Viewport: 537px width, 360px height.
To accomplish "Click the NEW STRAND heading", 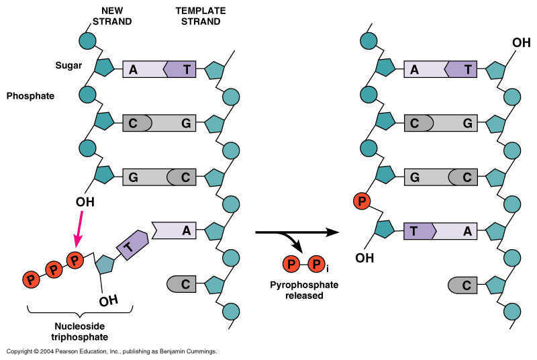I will (116, 16).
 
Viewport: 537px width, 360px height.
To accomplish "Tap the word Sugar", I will (69, 66).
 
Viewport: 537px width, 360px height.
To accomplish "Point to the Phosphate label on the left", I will (30, 96).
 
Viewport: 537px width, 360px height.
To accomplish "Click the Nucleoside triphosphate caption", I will (81, 331).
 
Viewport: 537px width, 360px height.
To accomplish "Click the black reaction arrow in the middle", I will (295, 234).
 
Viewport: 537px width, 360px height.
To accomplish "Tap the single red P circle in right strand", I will (362, 201).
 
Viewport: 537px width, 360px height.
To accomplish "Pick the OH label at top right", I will (521, 43).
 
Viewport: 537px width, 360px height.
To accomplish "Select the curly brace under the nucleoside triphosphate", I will (81, 310).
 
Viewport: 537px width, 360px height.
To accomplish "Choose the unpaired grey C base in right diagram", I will (464, 284).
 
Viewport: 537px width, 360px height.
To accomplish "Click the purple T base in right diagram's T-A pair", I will (419, 230).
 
